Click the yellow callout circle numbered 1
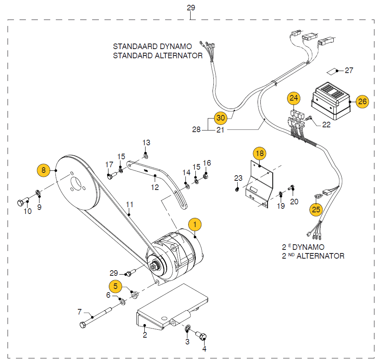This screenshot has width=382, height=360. (x=195, y=225)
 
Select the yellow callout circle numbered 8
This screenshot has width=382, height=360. (x=43, y=170)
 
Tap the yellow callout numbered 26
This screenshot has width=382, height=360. (x=362, y=101)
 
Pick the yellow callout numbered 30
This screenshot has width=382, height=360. (x=221, y=118)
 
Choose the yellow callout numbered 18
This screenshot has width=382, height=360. (x=260, y=153)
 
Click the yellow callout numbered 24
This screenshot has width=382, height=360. (x=294, y=98)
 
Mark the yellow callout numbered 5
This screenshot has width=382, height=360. (x=116, y=286)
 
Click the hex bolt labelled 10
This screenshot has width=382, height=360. (x=22, y=202)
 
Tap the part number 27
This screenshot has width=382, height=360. (x=349, y=71)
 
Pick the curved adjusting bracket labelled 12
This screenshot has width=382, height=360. (x=159, y=176)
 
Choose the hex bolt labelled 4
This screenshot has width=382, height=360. (x=203, y=337)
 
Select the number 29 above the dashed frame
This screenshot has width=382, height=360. (x=191, y=7)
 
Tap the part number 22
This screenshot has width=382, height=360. (x=326, y=125)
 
